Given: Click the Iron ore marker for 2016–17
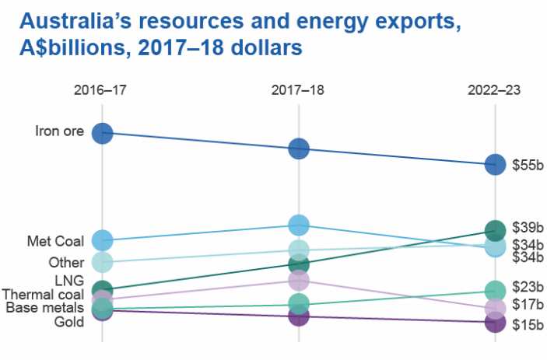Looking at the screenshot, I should (103, 133).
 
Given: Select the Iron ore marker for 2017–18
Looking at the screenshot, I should (299, 148).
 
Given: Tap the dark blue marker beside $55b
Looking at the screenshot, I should (495, 164).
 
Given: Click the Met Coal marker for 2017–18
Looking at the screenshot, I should (299, 225).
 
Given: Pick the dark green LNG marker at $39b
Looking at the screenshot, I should (495, 230).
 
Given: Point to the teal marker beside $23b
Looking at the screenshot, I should (495, 291).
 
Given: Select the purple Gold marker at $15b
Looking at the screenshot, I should (495, 321).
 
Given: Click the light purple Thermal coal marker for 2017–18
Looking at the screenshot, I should (299, 280).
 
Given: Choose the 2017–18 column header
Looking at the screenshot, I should (298, 89).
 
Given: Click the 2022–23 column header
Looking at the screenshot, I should (494, 89).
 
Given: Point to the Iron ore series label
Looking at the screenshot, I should (59, 131).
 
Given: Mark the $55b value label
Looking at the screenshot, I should (527, 165).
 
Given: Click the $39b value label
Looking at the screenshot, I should (527, 227).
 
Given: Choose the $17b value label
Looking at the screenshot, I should (527, 304).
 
